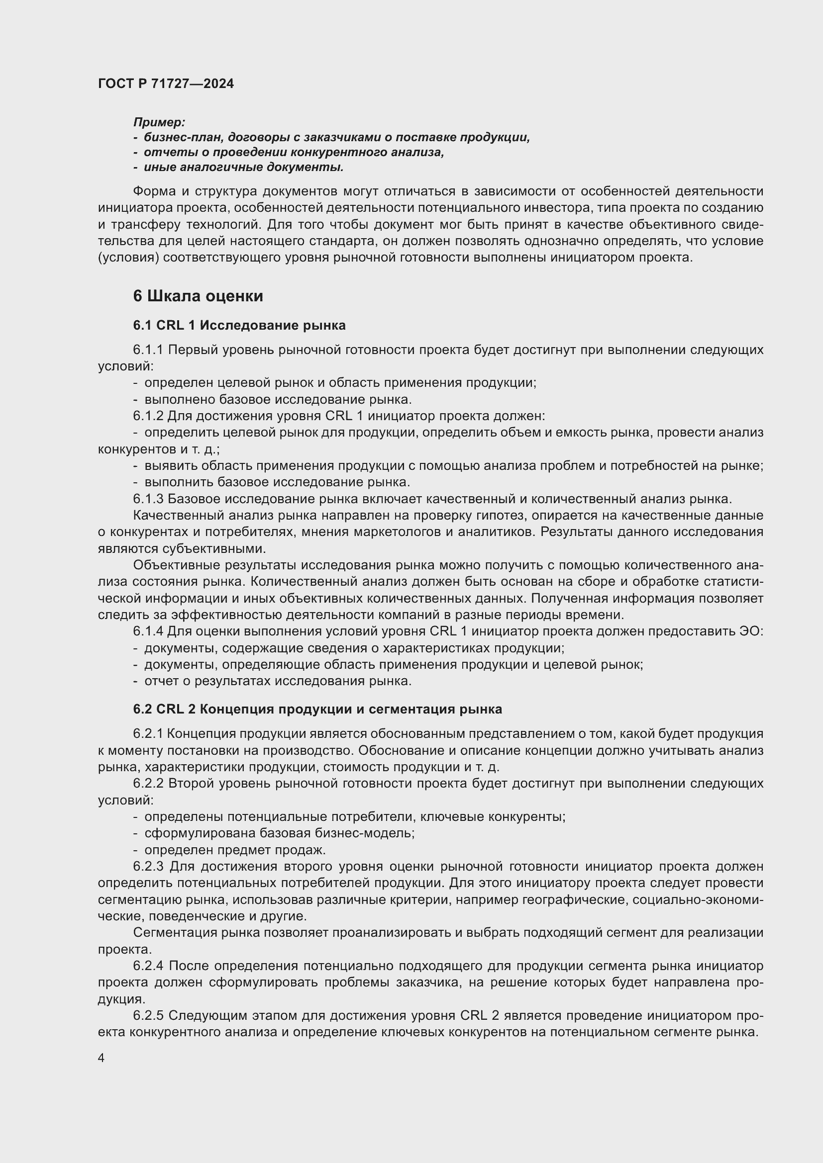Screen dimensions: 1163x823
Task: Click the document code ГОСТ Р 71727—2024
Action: (166, 84)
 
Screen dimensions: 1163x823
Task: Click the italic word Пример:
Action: (159, 122)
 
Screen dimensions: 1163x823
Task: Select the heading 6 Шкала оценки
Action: (198, 296)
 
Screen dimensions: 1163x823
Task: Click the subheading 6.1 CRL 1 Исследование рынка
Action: (239, 325)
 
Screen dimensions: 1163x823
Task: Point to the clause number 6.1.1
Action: (148, 350)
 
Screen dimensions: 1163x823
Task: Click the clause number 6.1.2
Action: (148, 416)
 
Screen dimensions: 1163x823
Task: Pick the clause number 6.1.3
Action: (148, 499)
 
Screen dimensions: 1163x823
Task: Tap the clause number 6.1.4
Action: (148, 631)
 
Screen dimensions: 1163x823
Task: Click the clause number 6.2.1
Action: (148, 734)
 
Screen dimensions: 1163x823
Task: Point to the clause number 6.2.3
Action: (148, 867)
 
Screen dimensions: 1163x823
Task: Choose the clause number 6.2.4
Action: (148, 966)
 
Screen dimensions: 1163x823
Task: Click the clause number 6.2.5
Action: (148, 1016)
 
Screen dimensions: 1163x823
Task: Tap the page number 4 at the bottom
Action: (102, 1058)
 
